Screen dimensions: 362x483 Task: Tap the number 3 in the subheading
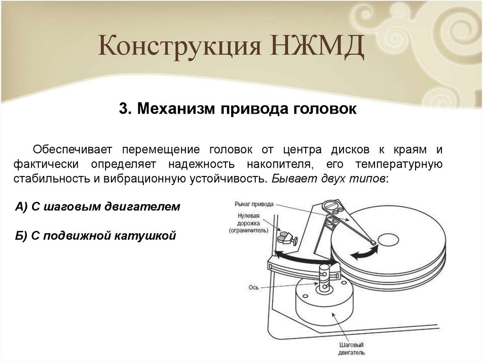(124, 109)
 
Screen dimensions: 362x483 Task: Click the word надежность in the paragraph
(199, 165)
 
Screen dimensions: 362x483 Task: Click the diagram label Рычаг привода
(253, 204)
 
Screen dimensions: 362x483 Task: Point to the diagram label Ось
(253, 286)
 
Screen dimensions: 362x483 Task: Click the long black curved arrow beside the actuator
(302, 257)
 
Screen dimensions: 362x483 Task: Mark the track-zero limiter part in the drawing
(287, 237)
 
